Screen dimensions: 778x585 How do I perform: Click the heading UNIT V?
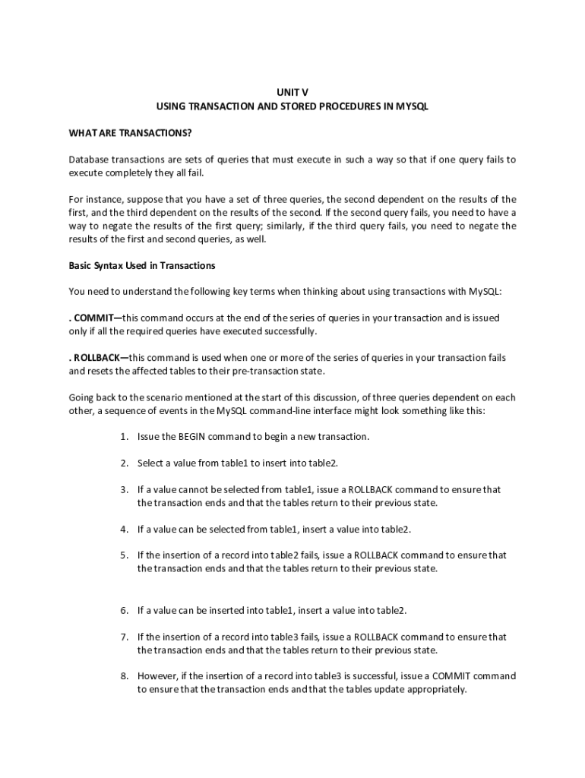292,91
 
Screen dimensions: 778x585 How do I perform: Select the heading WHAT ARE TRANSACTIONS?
130,134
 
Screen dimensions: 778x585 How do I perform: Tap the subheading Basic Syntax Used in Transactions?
142,266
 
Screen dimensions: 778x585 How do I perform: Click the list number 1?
123,437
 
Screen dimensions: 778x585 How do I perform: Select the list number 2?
123,463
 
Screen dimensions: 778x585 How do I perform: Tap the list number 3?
123,489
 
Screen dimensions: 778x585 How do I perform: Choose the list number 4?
123,529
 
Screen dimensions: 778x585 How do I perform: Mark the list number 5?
123,555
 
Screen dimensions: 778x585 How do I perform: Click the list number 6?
123,610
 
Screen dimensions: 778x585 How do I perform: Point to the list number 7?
123,637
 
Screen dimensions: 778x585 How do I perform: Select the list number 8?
123,676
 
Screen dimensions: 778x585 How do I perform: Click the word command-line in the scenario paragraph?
271,410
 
